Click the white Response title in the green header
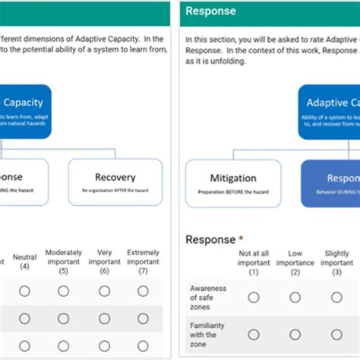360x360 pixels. pos(211,11)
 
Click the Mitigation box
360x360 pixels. pos(232,182)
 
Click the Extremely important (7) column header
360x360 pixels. pos(143,261)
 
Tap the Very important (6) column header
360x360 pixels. pos(103,261)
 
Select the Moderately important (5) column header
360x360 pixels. pos(64,261)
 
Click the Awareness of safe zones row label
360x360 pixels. pos(206,297)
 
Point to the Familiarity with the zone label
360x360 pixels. pos(207,334)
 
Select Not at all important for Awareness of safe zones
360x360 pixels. pos(254,297)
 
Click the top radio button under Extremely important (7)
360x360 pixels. pos(143,291)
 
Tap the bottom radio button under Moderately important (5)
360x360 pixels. pos(64,346)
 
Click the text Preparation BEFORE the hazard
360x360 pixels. pos(232,191)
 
